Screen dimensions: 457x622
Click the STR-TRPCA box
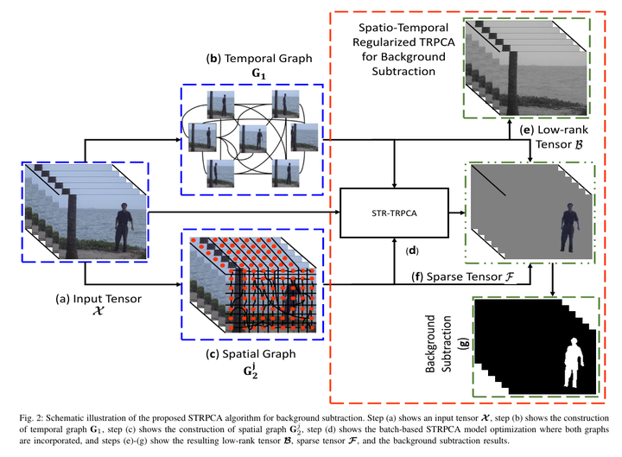[394, 212]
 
